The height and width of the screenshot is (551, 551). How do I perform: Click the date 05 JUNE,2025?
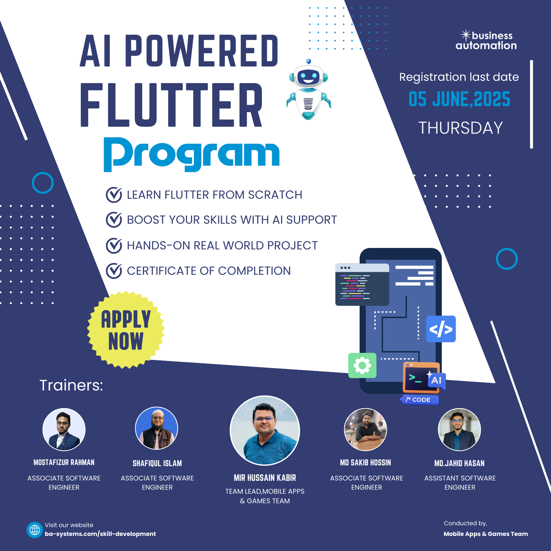[x=459, y=99]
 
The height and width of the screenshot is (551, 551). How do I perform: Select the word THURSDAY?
[x=461, y=128]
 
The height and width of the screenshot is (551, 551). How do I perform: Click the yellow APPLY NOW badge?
[x=126, y=330]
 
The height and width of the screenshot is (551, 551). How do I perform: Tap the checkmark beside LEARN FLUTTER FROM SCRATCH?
[x=114, y=195]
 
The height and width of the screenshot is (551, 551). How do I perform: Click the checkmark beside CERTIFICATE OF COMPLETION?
[x=114, y=271]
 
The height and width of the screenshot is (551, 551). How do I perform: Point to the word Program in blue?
[x=191, y=155]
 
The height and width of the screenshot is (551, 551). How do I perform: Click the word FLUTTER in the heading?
[x=171, y=105]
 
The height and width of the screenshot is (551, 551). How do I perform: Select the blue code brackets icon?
[x=441, y=329]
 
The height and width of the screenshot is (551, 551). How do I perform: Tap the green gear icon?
[x=362, y=365]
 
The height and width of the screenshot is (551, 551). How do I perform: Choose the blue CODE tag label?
[x=419, y=400]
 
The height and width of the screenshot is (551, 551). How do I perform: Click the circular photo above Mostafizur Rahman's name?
[x=64, y=429]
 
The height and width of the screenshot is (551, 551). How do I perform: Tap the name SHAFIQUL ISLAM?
[x=157, y=464]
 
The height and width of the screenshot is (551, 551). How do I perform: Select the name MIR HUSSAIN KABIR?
[x=265, y=478]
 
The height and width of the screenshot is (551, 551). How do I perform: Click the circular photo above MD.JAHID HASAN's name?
[x=459, y=429]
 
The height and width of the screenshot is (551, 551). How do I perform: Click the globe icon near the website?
[x=35, y=530]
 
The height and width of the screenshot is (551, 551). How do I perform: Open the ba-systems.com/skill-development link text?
[x=100, y=534]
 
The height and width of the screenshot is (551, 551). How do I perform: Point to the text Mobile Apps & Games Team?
[x=486, y=534]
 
